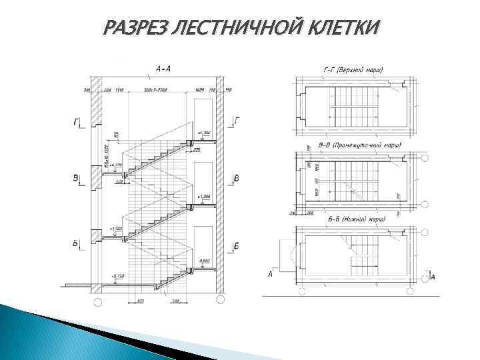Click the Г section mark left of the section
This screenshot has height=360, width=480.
click(77, 123)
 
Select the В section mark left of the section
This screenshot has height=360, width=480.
click(77, 178)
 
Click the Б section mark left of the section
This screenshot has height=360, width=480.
click(77, 245)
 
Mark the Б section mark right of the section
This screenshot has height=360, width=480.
click(237, 247)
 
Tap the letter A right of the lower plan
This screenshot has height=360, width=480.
click(434, 276)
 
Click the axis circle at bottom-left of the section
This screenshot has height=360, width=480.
click(97, 302)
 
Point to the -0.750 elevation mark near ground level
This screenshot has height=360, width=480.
click(118, 275)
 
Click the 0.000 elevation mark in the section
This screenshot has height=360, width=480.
click(204, 261)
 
